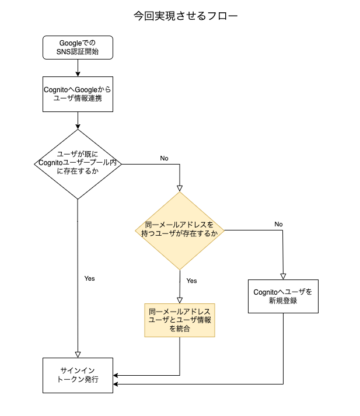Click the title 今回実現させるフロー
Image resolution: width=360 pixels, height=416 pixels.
tap(186, 16)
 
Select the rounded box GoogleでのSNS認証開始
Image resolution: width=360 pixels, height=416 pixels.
tap(78, 47)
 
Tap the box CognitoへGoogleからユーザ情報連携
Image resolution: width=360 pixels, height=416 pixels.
tap(78, 94)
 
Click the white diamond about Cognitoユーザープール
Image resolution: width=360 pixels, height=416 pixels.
tap(78, 165)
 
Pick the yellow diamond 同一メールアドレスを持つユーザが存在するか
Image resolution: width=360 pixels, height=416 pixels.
tap(180, 230)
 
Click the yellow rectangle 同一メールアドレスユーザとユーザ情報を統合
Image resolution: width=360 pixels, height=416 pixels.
tap(180, 320)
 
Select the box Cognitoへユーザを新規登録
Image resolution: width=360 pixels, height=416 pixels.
tap(283, 296)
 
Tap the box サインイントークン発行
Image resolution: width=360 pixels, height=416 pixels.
tap(78, 375)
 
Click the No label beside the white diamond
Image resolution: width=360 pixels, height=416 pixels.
tap(164, 158)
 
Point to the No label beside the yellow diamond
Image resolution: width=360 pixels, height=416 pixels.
tap(278, 224)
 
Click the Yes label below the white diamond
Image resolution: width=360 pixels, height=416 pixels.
tap(89, 278)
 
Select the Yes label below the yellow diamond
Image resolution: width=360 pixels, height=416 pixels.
tap(191, 281)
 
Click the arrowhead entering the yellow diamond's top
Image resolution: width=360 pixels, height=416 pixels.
tap(180, 188)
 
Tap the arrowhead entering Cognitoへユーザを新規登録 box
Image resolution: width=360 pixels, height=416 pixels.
tap(284, 276)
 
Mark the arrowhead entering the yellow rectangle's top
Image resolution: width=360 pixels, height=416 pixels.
tap(180, 299)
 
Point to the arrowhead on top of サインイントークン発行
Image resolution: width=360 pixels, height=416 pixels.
tap(78, 354)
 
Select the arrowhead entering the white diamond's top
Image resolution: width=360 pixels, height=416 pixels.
tap(78, 127)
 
